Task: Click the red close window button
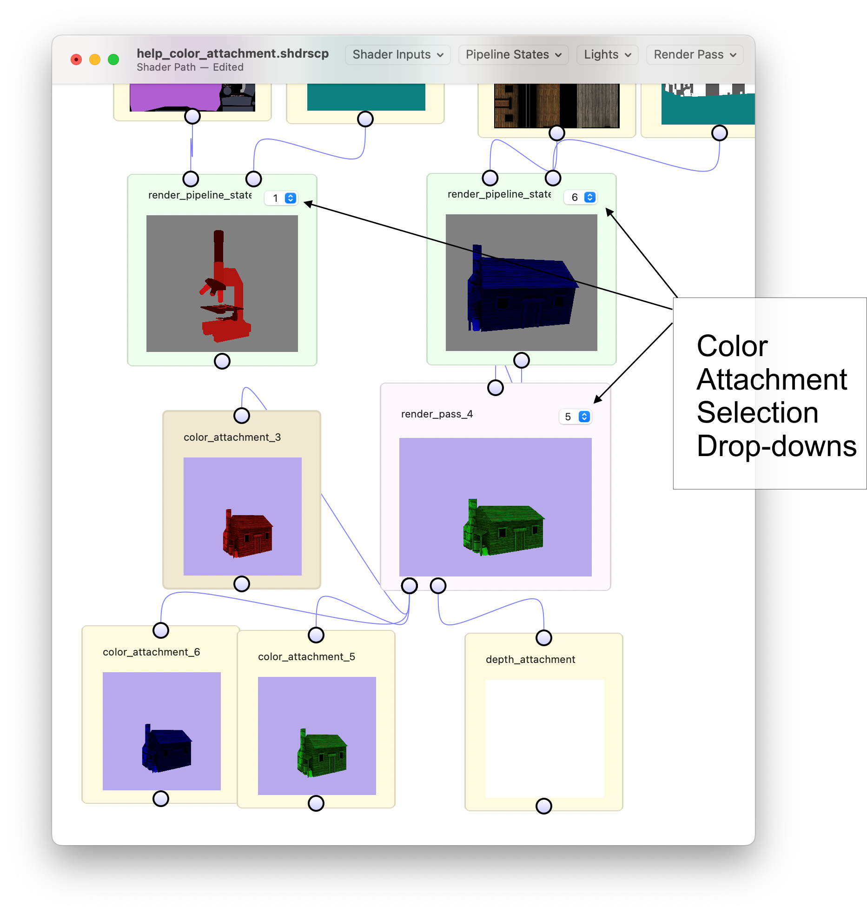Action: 76,60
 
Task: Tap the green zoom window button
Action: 113,60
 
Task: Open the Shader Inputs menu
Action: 397,55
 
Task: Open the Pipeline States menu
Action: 513,55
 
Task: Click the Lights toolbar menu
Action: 607,55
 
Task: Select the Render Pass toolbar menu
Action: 695,55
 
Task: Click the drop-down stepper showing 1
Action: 290,198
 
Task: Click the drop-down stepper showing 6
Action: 589,197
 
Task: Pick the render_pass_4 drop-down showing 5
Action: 584,417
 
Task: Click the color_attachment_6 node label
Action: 151,652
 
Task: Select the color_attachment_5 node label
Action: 306,656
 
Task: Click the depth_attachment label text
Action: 530,659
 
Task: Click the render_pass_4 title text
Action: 437,414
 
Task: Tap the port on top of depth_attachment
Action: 543,638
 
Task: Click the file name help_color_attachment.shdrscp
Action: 232,53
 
